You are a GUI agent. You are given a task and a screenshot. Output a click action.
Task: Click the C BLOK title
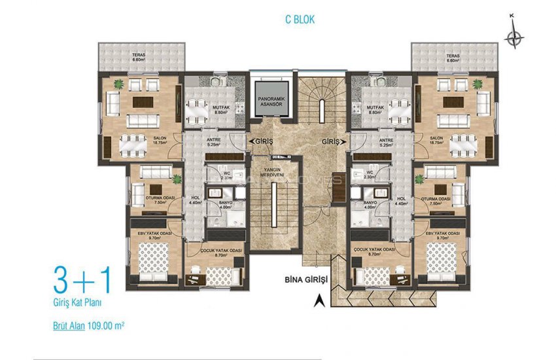(x=300, y=20)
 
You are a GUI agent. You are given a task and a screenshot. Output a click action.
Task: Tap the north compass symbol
(x=515, y=38)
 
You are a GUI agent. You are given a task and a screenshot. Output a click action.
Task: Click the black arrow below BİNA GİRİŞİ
(x=319, y=300)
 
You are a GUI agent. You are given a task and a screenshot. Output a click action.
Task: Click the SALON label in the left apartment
(x=160, y=137)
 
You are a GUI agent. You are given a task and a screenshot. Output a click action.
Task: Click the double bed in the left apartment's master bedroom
(x=154, y=256)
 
